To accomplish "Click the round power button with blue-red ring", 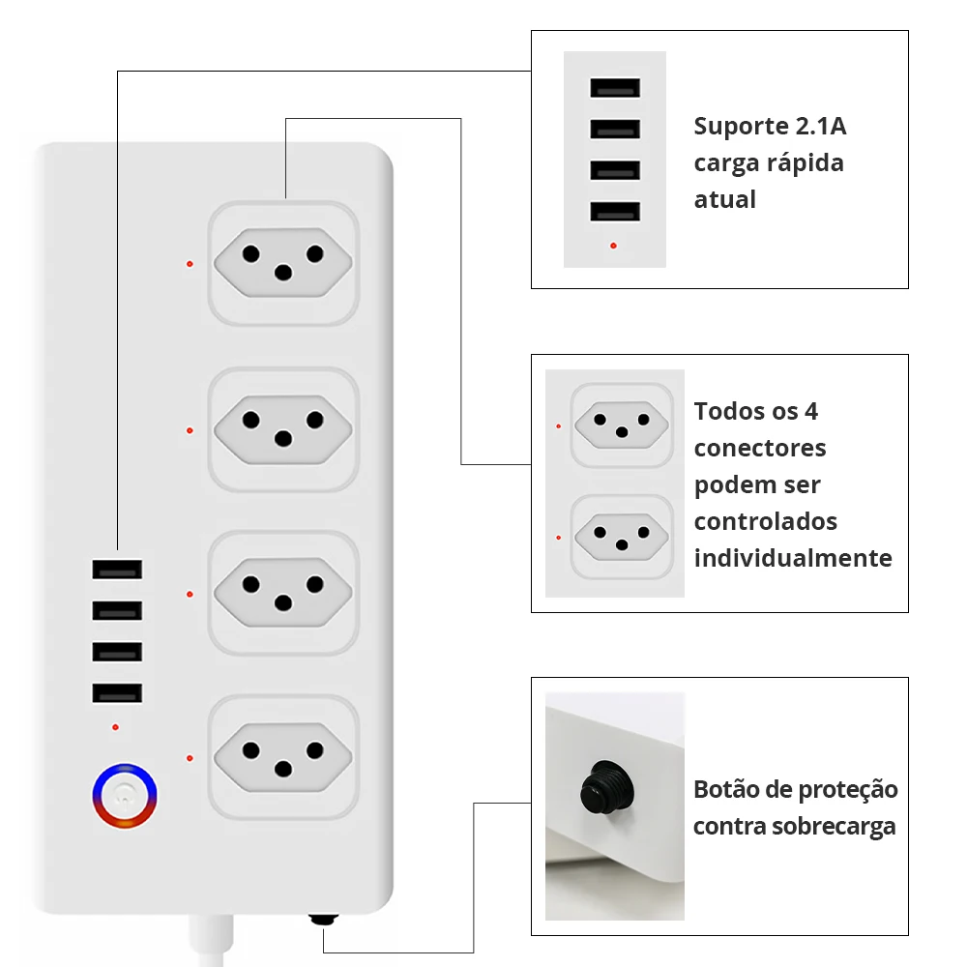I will pyautogui.click(x=124, y=798).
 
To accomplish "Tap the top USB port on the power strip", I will pyautogui.click(x=118, y=570).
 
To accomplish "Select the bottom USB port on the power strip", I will pyautogui.click(x=118, y=693).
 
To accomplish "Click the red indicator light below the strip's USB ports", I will pyautogui.click(x=116, y=726).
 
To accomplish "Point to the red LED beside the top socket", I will pyautogui.click(x=190, y=263).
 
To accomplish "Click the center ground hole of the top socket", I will pyautogui.click(x=283, y=273).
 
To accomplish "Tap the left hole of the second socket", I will pyautogui.click(x=251, y=420).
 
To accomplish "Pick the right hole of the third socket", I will pyautogui.click(x=314, y=584).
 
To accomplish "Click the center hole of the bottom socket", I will pyautogui.click(x=283, y=769).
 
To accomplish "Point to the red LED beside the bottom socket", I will pyautogui.click(x=190, y=758).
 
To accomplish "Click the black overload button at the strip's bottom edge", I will pyautogui.click(x=323, y=920).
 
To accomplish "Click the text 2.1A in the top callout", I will pyautogui.click(x=821, y=127).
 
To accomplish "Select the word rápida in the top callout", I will pyautogui.click(x=806, y=163).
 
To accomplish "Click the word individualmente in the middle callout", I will pyautogui.click(x=793, y=558).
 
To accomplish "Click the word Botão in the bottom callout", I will pyautogui.click(x=724, y=790).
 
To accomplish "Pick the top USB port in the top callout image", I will pyautogui.click(x=615, y=88).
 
